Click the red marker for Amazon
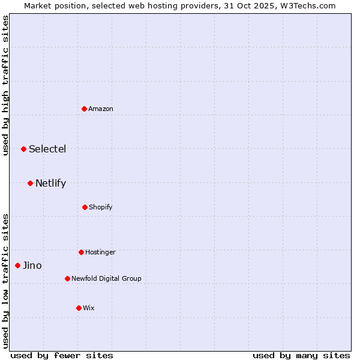[84, 109]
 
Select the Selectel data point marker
[23, 149]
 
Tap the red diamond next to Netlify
[30, 183]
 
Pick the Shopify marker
[85, 207]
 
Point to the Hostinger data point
[81, 252]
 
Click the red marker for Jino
[17, 265]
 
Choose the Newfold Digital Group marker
[67, 278]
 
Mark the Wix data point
[79, 308]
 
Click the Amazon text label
[101, 109]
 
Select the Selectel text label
[47, 149]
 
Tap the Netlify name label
[50, 184]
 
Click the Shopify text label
[101, 208]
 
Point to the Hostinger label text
[100, 253]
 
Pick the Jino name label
[32, 266]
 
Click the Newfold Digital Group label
[106, 279]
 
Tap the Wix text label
[89, 308]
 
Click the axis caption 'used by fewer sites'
[62, 355]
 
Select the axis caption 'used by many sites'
[301, 355]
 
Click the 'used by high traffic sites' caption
[5, 85]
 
